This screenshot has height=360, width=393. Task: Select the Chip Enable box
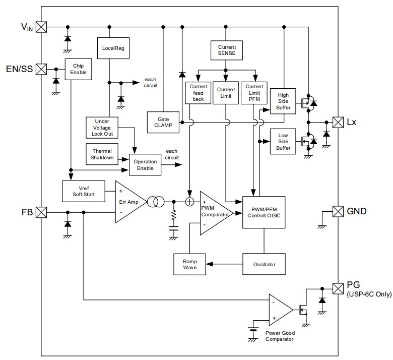(78, 69)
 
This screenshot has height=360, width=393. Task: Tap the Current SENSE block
(225, 49)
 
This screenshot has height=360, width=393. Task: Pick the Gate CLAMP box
(163, 122)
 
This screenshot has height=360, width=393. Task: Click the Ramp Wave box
(189, 264)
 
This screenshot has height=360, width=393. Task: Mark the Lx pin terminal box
(338, 122)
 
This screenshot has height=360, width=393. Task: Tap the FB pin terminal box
(42, 212)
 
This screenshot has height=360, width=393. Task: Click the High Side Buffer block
(283, 101)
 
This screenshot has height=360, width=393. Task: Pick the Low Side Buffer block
(283, 141)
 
